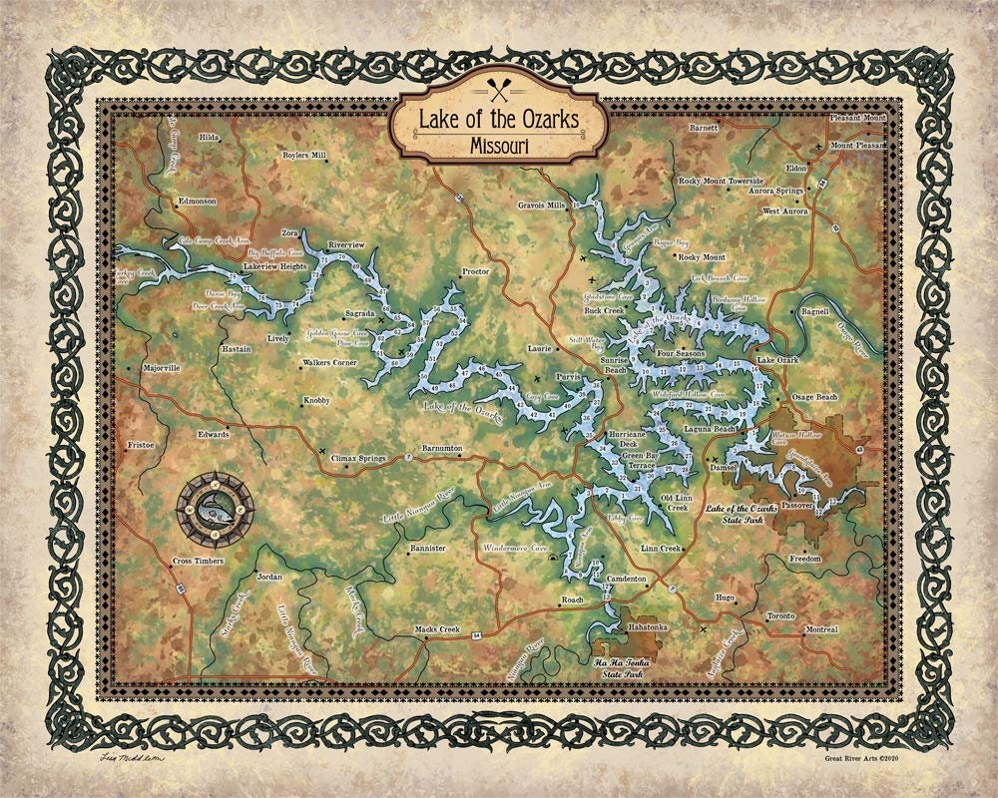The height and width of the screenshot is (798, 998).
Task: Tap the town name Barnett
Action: (x=704, y=129)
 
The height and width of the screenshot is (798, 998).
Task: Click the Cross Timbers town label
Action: (x=197, y=562)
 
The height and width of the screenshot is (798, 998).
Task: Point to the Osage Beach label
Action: (x=814, y=397)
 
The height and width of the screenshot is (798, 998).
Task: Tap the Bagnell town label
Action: (x=815, y=312)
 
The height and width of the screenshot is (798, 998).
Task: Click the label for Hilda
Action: (x=209, y=137)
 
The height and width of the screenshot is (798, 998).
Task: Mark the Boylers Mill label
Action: (x=276, y=156)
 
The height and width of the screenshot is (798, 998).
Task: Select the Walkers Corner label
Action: (x=329, y=363)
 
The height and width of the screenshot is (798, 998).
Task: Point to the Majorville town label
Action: (x=161, y=368)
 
